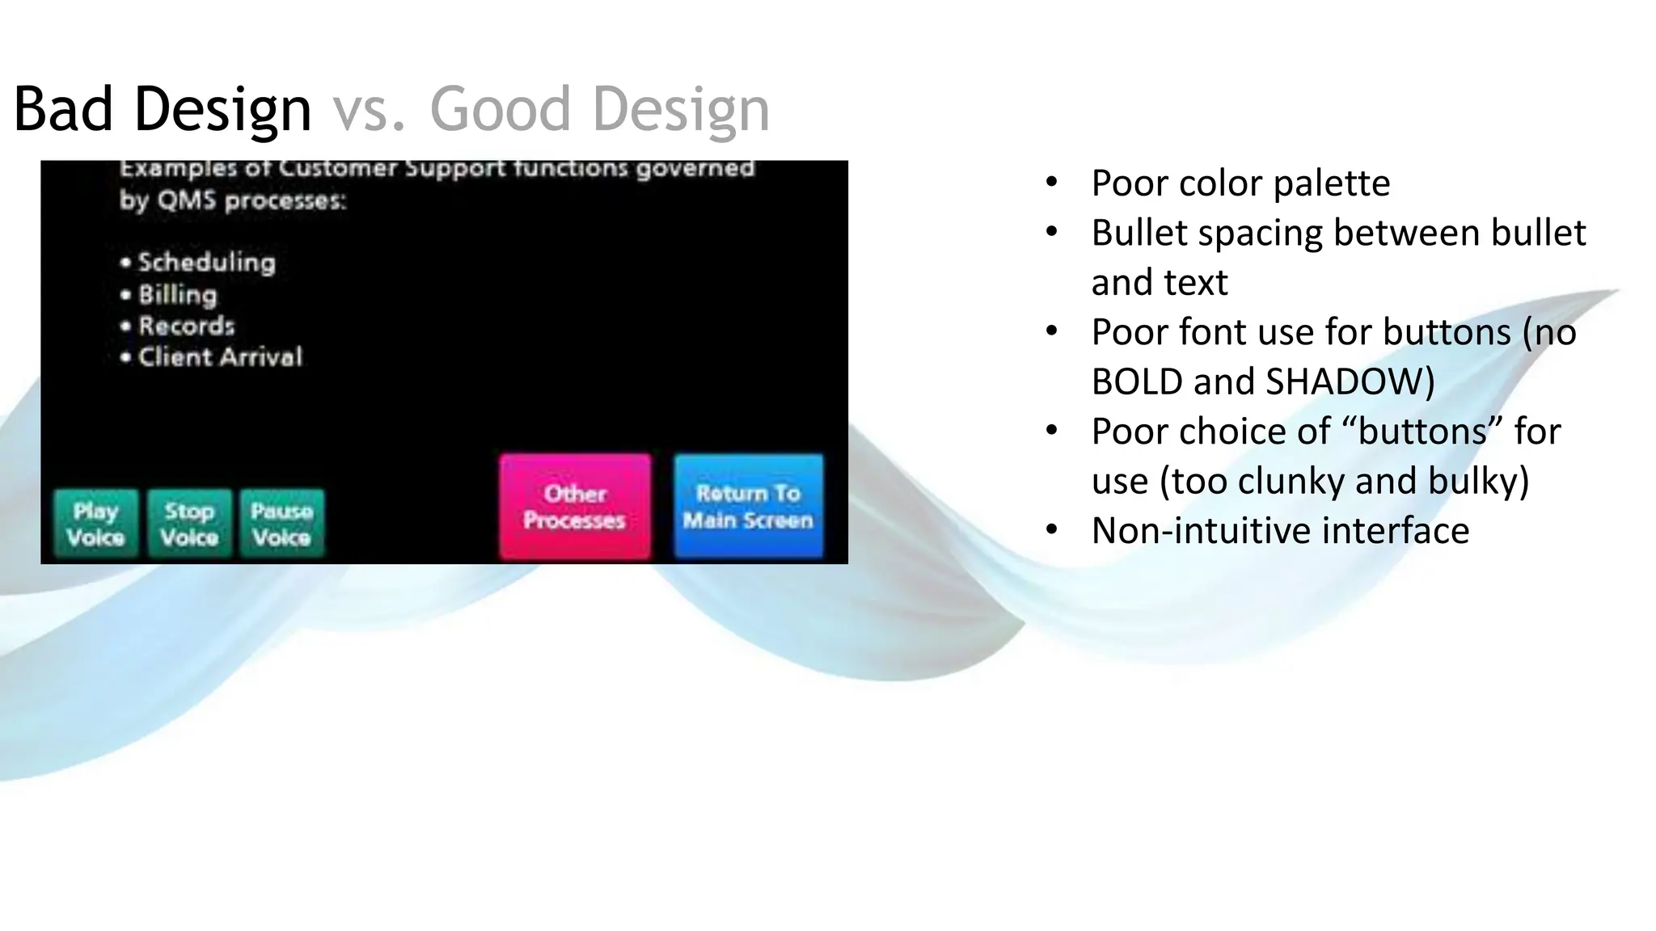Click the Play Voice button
[96, 524]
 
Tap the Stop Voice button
[189, 524]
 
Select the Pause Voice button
[281, 524]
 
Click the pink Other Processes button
[575, 507]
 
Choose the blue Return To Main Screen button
[748, 507]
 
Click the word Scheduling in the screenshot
[206, 263]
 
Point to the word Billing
[178, 295]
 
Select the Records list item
[186, 326]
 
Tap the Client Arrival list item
[220, 357]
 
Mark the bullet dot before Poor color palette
[1051, 182]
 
